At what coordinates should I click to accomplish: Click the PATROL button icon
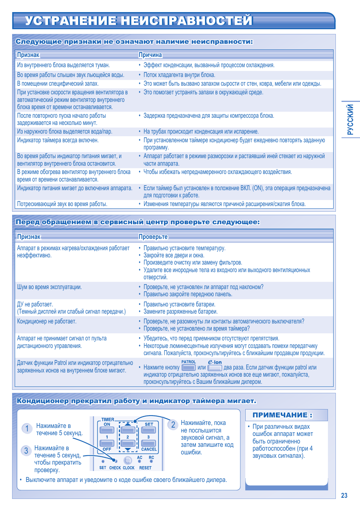click(x=188, y=368)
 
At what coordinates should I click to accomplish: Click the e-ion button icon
click(x=215, y=368)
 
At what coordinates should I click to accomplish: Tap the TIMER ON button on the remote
click(x=107, y=430)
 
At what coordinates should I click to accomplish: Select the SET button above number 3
click(x=149, y=430)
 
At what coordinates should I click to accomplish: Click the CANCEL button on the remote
click(x=149, y=443)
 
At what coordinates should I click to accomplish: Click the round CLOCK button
click(x=128, y=460)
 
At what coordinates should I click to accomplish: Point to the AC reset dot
click(x=140, y=462)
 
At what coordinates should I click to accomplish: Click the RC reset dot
click(x=151, y=462)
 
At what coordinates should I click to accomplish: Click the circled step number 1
click(x=27, y=428)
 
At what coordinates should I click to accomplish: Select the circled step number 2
click(x=173, y=425)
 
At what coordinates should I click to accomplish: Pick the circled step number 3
click(x=26, y=451)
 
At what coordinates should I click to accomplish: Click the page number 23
click(x=344, y=496)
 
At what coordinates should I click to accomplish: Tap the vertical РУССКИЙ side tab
click(x=351, y=119)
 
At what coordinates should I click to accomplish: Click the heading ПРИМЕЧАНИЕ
click(x=282, y=415)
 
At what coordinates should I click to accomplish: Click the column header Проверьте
click(x=153, y=237)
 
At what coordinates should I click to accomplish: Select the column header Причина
click(x=150, y=55)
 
